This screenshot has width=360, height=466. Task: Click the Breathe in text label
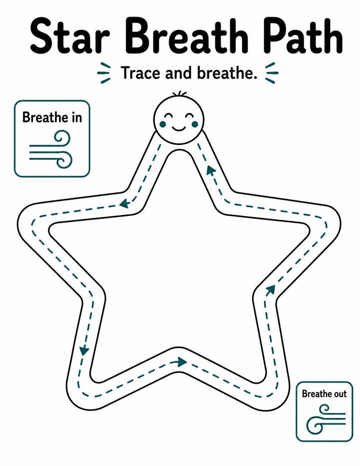(52, 117)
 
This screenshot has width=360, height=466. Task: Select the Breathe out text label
(324, 394)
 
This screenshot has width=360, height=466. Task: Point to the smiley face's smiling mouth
(179, 128)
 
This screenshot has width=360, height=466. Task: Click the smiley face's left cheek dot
(162, 123)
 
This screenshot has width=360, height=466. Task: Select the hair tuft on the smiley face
(179, 94)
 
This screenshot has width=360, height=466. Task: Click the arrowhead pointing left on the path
(124, 204)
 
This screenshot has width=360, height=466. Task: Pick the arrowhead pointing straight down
(84, 350)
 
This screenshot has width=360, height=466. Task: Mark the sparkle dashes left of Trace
(104, 73)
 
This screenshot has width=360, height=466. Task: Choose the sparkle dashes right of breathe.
(272, 73)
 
